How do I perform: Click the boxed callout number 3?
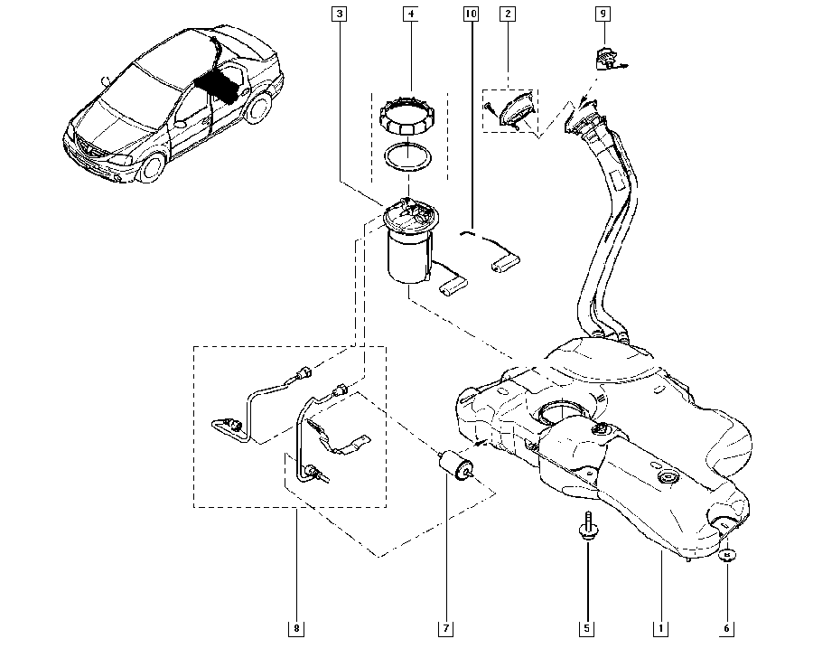339,14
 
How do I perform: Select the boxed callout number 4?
411,14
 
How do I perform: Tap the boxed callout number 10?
470,14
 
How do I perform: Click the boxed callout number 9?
603,14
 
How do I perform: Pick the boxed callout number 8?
296,627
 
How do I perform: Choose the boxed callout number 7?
445,627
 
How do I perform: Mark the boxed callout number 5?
585,627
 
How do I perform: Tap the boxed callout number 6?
728,627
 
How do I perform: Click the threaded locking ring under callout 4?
409,115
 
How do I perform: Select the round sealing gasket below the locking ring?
409,157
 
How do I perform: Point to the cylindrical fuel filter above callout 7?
457,467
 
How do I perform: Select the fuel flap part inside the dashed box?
515,114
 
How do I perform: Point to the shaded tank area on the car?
219,84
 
